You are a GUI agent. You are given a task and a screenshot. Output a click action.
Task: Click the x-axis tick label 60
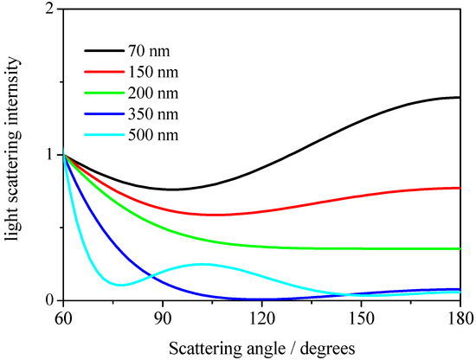point(62,318)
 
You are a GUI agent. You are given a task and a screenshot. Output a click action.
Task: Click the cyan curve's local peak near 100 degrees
point(201,264)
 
